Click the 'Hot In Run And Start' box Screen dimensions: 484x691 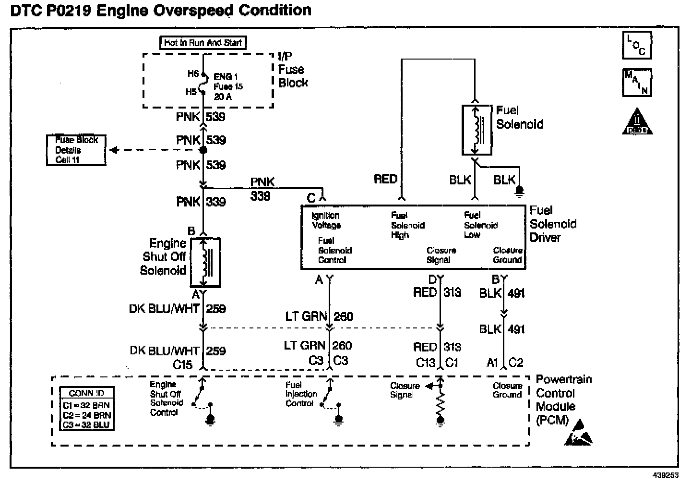pyautogui.click(x=203, y=43)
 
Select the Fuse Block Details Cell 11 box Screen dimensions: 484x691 pyautogui.click(x=76, y=150)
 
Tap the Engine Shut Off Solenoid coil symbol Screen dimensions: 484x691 pyautogui.click(x=205, y=262)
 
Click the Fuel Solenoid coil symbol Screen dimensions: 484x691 pyautogui.click(x=477, y=130)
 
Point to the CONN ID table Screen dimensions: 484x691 pyautogui.click(x=86, y=409)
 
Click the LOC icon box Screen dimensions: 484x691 pyautogui.click(x=637, y=45)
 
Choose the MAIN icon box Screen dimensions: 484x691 pyautogui.click(x=637, y=82)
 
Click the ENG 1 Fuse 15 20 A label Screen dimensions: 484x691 pyautogui.click(x=228, y=86)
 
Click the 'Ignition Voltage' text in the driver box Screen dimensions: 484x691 pyautogui.click(x=326, y=220)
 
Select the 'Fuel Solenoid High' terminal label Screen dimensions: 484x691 pyautogui.click(x=407, y=225)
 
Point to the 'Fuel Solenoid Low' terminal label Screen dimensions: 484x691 pyautogui.click(x=480, y=225)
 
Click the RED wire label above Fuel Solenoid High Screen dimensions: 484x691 pyautogui.click(x=386, y=179)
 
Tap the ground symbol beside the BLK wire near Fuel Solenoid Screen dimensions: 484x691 pyautogui.click(x=519, y=192)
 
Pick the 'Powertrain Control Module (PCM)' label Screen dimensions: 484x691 pyautogui.click(x=563, y=399)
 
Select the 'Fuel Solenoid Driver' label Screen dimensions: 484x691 pyautogui.click(x=553, y=224)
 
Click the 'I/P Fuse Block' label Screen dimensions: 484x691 pyautogui.click(x=293, y=70)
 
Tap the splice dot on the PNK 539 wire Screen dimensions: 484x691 pyautogui.click(x=203, y=150)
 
